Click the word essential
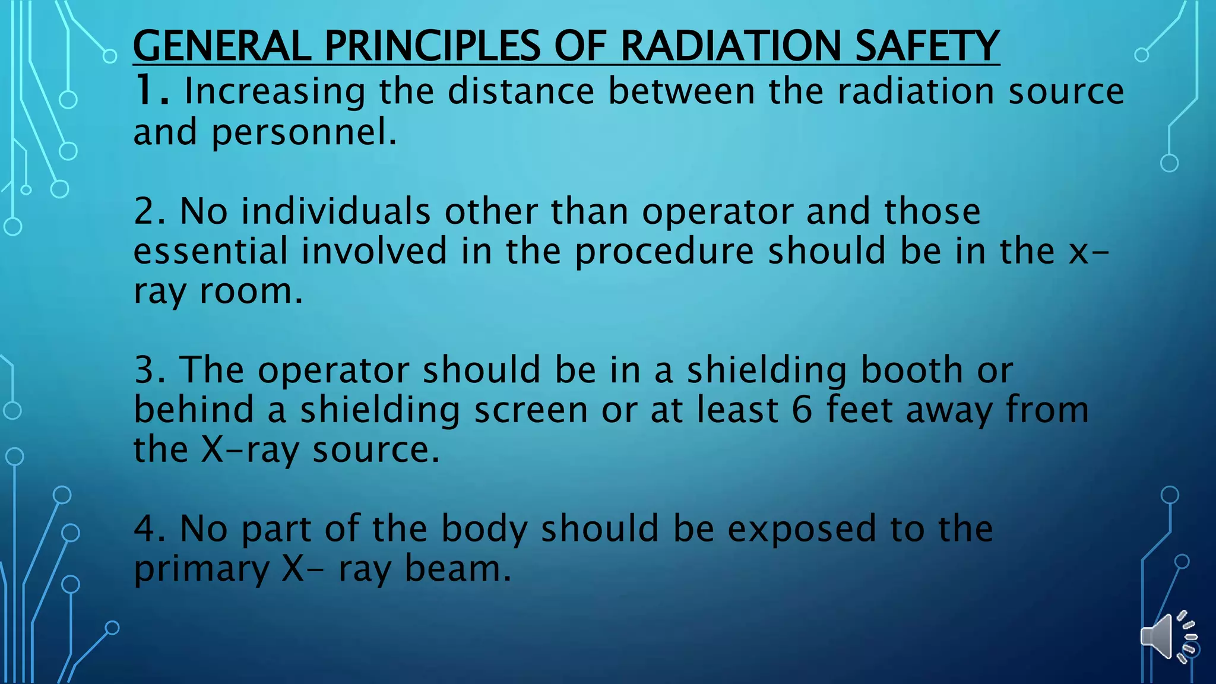[x=210, y=251]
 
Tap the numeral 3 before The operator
[x=145, y=369]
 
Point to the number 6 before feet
[x=802, y=410]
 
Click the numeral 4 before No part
[x=145, y=528]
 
